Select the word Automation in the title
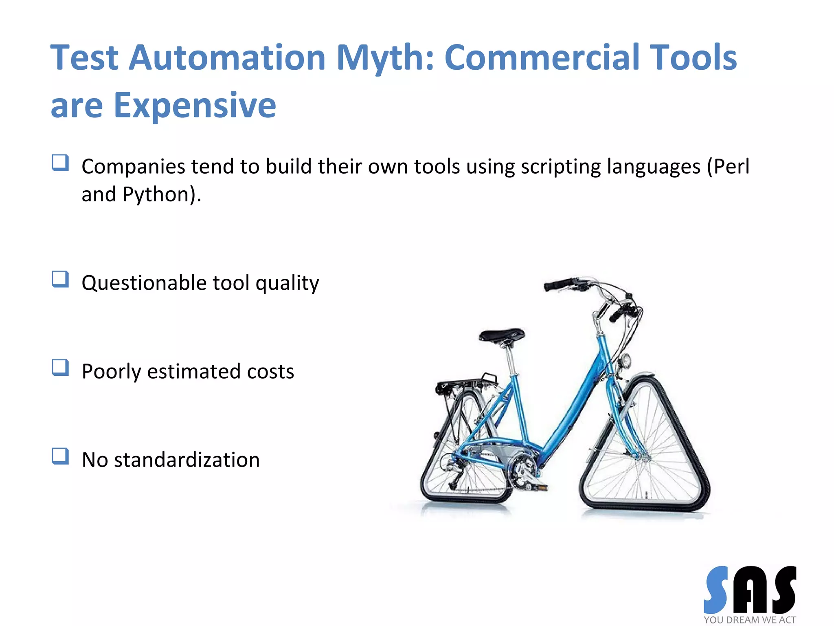pos(227,58)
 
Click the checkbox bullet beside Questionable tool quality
pos(60,280)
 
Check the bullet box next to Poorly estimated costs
pos(60,368)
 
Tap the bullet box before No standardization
pos(60,456)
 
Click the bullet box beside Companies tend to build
pos(60,163)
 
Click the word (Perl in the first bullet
pos(728,167)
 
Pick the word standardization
pos(187,460)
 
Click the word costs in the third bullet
pos(270,372)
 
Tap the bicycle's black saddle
pos(502,335)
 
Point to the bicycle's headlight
pos(625,361)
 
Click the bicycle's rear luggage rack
pos(466,384)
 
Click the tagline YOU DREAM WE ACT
pos(749,620)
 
